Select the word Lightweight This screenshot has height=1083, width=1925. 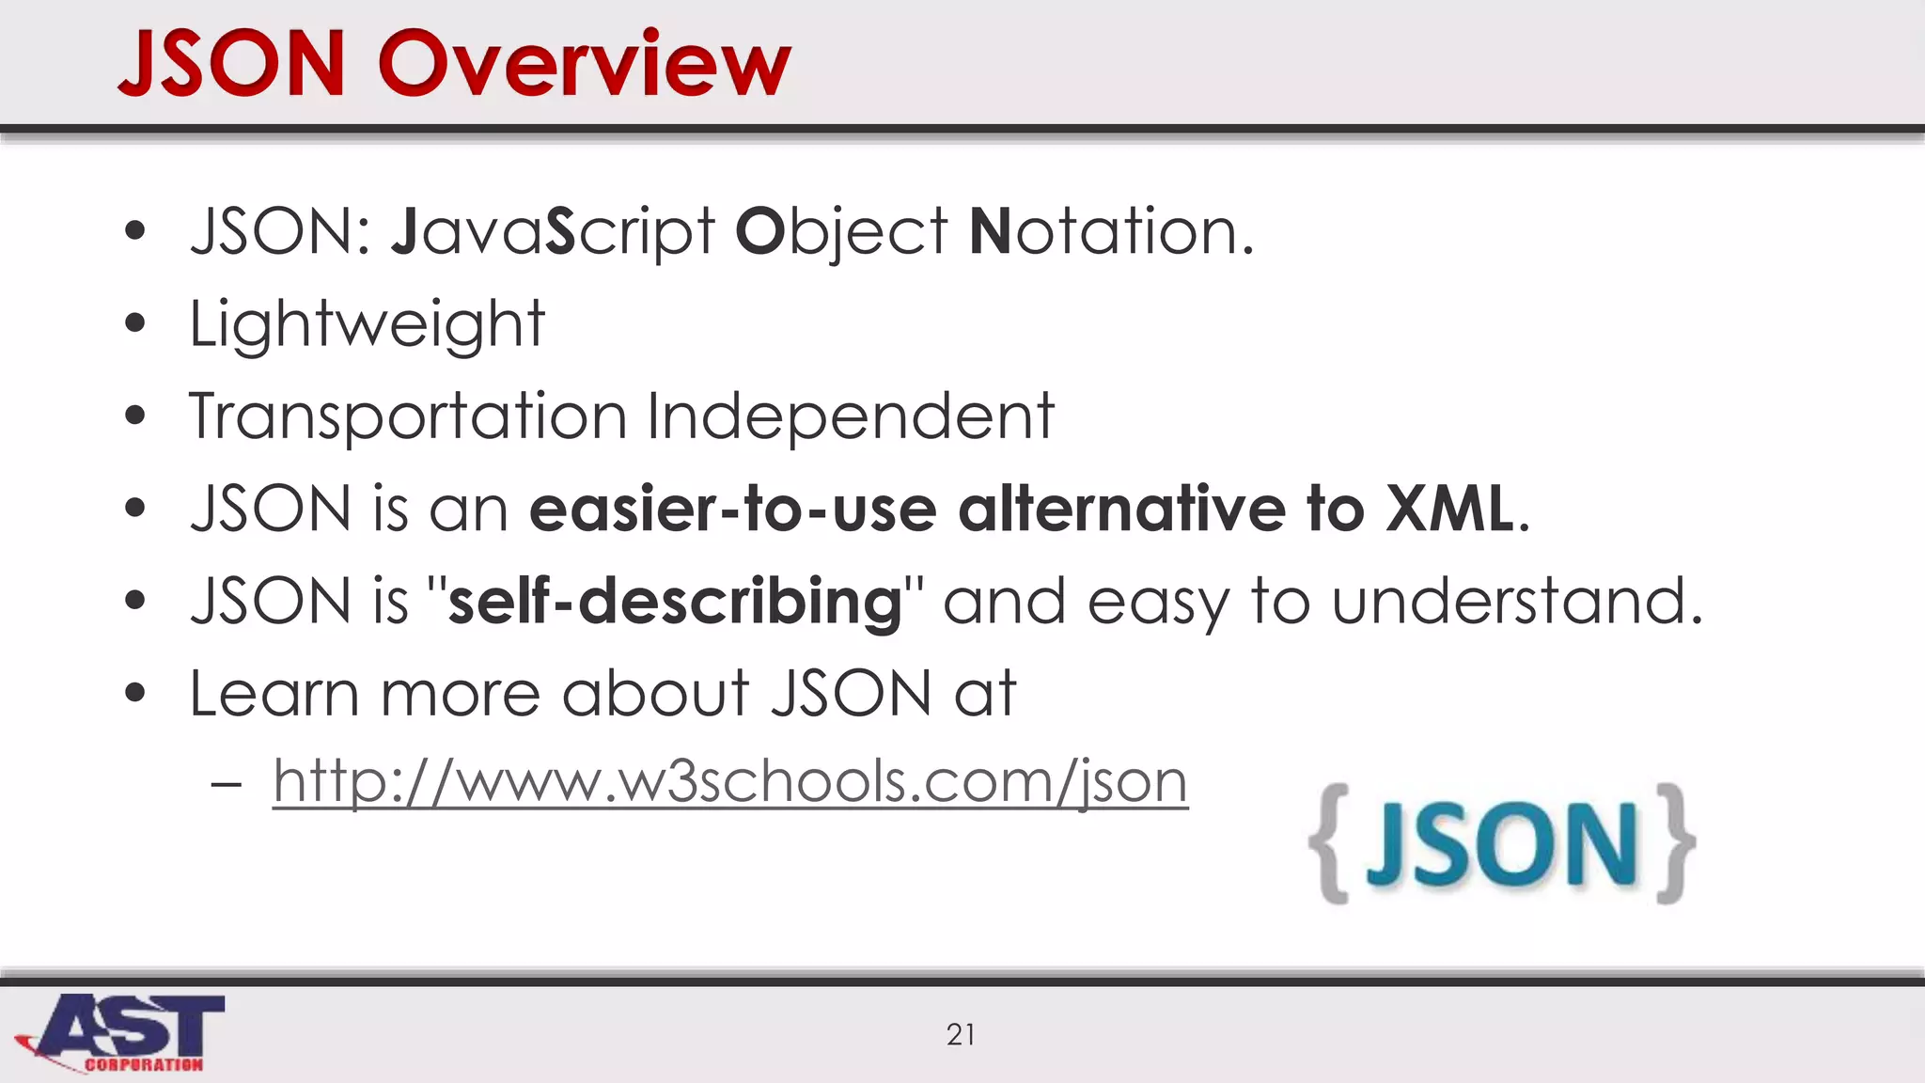(367, 324)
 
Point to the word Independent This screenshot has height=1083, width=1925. (851, 416)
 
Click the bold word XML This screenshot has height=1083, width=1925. (1449, 509)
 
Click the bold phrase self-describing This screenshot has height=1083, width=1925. (675, 602)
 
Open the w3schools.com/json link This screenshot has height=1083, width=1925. (730, 781)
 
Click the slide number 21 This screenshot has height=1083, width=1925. (961, 1034)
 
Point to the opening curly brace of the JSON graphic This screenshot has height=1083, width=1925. (1331, 843)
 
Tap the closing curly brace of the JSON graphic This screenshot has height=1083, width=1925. (1675, 843)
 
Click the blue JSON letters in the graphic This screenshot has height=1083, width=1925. (1502, 845)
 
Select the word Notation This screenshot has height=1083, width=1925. (1110, 232)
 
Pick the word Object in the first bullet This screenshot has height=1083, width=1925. (840, 232)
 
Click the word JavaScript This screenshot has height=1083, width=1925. (553, 232)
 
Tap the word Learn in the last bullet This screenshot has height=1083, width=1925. (274, 694)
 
